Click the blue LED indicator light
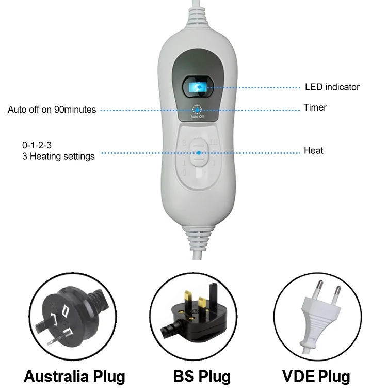click(x=196, y=87)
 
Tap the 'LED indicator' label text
click(x=332, y=87)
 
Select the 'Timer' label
click(x=315, y=108)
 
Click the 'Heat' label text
click(x=313, y=151)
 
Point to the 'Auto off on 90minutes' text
click(x=52, y=110)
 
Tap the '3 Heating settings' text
click(x=51, y=156)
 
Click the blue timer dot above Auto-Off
click(x=197, y=110)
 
